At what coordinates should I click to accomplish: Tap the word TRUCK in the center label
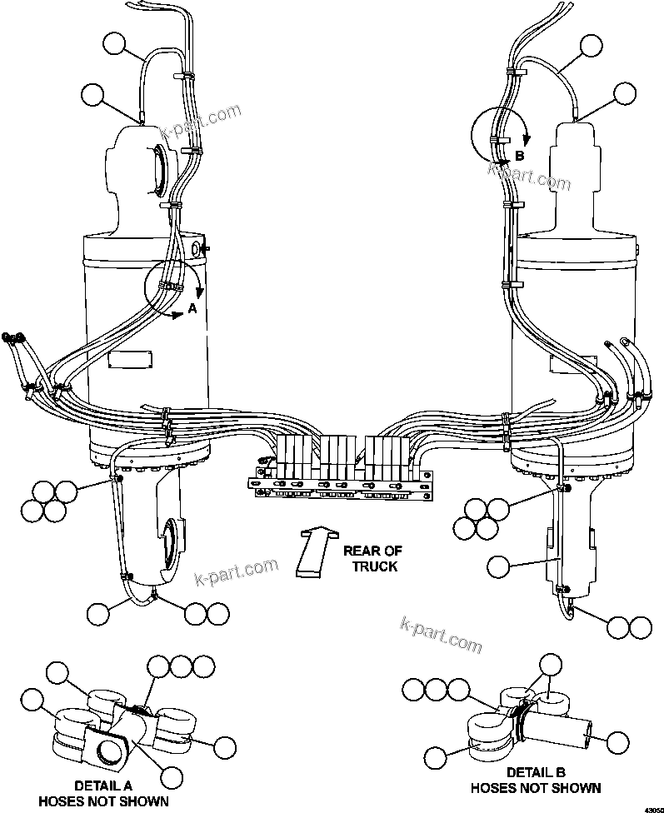tap(373, 566)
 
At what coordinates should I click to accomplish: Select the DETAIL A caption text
tap(102, 785)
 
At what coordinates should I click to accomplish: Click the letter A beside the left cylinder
tap(192, 308)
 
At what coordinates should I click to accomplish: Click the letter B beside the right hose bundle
tap(519, 156)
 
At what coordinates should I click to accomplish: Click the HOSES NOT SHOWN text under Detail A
tap(103, 801)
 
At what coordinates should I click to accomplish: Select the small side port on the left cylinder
tap(198, 248)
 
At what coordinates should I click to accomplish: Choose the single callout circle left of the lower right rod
tap(499, 566)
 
